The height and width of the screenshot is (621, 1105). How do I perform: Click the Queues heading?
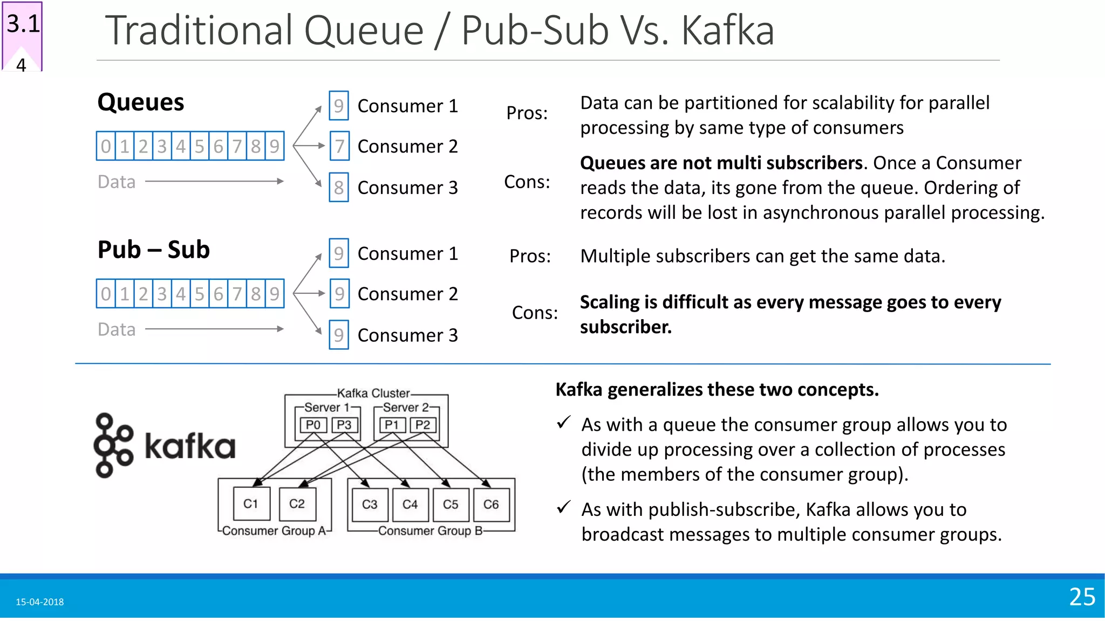point(140,102)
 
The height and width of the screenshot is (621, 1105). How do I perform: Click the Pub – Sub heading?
point(153,250)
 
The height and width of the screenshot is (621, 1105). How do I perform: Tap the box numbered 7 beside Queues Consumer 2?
point(339,146)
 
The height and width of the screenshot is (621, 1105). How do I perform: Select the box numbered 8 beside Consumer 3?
point(339,188)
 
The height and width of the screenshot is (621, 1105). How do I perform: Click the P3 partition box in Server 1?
point(344,425)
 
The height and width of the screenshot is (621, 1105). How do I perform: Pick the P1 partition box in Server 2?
point(392,425)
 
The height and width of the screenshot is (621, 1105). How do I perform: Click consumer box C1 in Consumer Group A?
point(251,504)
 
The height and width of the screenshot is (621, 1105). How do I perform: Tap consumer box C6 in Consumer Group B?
point(491,505)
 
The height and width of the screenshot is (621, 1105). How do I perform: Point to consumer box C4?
point(410,505)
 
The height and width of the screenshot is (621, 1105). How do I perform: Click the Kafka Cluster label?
point(373,394)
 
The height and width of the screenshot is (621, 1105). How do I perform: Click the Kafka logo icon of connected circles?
point(113,445)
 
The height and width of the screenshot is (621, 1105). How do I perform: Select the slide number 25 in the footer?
point(1082,597)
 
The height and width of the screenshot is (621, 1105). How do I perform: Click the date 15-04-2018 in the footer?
point(39,602)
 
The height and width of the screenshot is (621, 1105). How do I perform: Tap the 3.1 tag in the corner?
point(23,24)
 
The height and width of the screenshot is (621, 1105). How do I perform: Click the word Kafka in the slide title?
point(727,31)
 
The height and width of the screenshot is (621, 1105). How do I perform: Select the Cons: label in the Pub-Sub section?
point(535,313)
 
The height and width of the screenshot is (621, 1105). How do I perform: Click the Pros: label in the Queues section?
point(527,113)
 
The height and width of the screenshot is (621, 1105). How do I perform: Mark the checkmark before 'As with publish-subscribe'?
point(563,507)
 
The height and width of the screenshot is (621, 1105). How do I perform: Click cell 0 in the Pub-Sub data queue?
point(106,294)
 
